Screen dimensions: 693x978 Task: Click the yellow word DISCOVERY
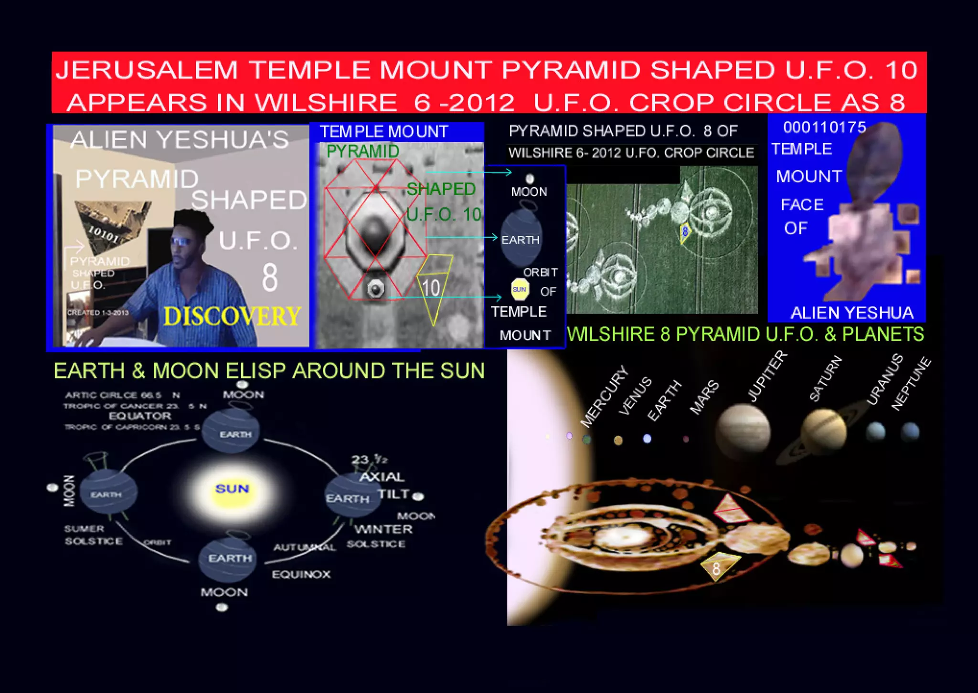pyautogui.click(x=232, y=316)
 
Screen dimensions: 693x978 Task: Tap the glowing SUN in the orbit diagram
pyautogui.click(x=232, y=489)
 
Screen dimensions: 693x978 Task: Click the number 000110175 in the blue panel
pyautogui.click(x=824, y=127)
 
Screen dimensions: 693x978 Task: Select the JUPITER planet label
pyautogui.click(x=767, y=377)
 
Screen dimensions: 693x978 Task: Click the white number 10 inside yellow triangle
pyautogui.click(x=431, y=288)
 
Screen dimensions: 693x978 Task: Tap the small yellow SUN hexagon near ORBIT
pyautogui.click(x=519, y=289)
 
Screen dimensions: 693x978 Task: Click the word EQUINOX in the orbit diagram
pyautogui.click(x=301, y=574)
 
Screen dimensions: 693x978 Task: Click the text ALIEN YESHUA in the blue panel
pyautogui.click(x=851, y=313)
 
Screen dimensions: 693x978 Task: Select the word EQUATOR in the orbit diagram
pyautogui.click(x=140, y=416)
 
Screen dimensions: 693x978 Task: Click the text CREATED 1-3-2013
pyautogui.click(x=98, y=313)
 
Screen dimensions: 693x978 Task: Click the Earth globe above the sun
pyautogui.click(x=231, y=431)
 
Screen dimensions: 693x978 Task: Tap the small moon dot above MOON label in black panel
pyautogui.click(x=530, y=179)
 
